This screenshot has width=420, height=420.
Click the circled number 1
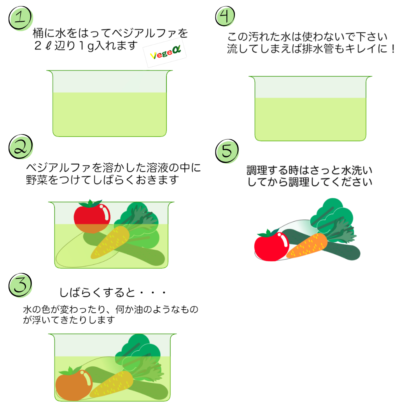coord(21,18)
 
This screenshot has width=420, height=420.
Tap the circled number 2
coord(21,147)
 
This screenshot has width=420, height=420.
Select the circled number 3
coord(20,285)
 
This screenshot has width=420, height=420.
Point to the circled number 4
coord(225,16)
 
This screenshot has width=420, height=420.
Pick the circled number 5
coord(227,151)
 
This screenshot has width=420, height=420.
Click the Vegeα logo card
coord(165,53)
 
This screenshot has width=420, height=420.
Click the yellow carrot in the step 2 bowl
coord(110,242)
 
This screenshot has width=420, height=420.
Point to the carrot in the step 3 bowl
coord(112,384)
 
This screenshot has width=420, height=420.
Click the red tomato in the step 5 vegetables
coord(271,245)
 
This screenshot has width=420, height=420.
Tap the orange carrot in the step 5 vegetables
coord(307,245)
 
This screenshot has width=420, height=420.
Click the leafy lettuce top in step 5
coord(333,214)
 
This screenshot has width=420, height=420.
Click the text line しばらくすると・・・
coord(113,292)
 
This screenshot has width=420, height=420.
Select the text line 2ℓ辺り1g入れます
coord(86,46)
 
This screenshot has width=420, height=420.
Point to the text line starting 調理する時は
coord(310,170)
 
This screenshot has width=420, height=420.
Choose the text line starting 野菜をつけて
coord(102,180)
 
